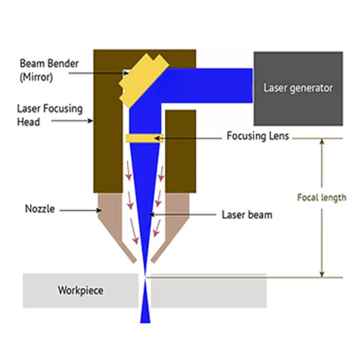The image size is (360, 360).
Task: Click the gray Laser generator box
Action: (x=298, y=88)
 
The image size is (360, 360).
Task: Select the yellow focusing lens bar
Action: (x=144, y=138)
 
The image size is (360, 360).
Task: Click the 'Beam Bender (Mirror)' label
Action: (x=49, y=70)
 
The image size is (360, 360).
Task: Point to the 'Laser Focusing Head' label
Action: (x=49, y=115)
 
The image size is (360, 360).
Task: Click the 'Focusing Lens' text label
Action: (x=258, y=135)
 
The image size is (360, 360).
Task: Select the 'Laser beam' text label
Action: (x=247, y=215)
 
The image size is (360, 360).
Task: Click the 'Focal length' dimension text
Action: (x=322, y=198)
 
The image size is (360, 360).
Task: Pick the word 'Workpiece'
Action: (x=80, y=290)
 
